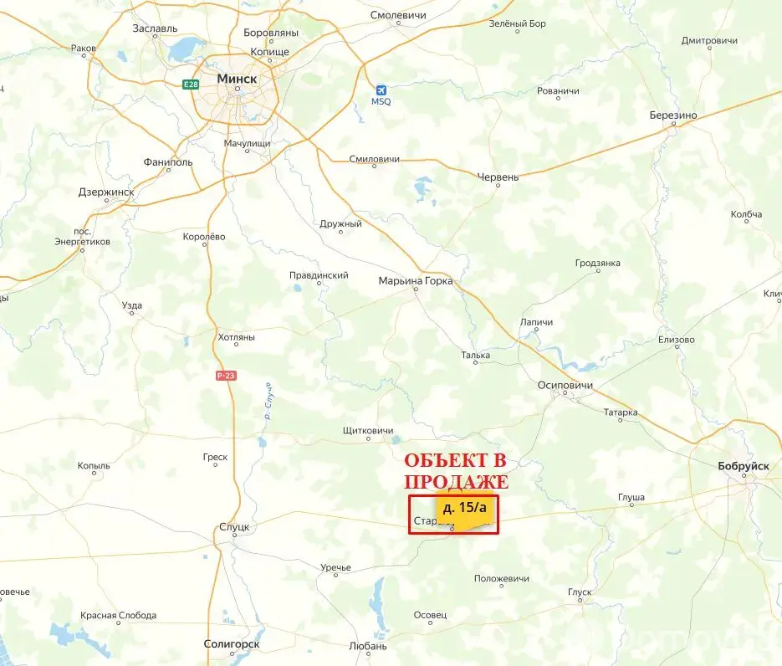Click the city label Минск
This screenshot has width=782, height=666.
tap(237, 78)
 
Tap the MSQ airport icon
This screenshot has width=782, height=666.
tap(381, 90)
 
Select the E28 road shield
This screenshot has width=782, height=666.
tap(192, 83)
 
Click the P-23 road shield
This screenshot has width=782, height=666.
tap(226, 376)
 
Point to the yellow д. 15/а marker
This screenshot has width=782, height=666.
tap(463, 509)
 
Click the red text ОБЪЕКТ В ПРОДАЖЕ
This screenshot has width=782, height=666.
tap(456, 472)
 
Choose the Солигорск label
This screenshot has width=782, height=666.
tap(232, 644)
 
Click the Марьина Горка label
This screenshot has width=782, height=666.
tap(416, 281)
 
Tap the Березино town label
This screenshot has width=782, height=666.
tap(673, 115)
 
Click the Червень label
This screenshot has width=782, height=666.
tap(498, 177)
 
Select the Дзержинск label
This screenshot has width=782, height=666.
tap(105, 192)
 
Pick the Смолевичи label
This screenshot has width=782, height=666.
tap(398, 16)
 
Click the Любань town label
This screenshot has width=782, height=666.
tap(368, 646)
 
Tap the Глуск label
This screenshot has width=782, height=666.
tap(580, 592)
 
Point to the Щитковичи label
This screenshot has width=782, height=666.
tap(368, 430)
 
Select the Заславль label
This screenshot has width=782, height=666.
tap(155, 28)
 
